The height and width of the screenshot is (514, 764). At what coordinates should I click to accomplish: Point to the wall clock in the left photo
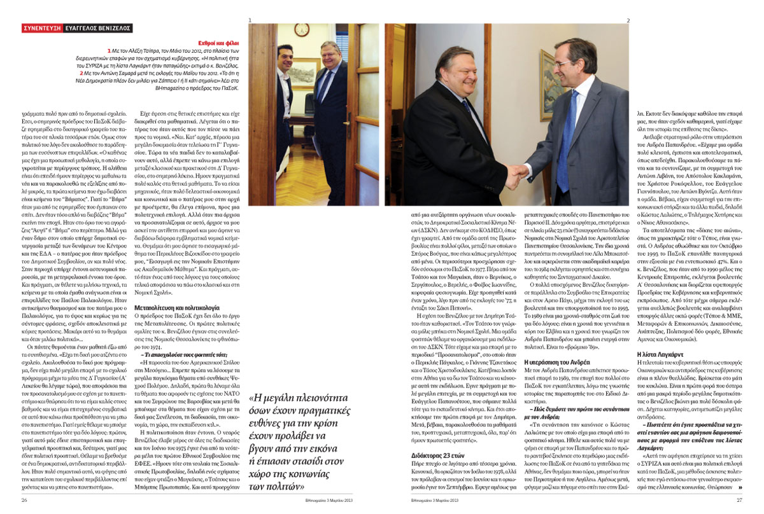tap(301, 31)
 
